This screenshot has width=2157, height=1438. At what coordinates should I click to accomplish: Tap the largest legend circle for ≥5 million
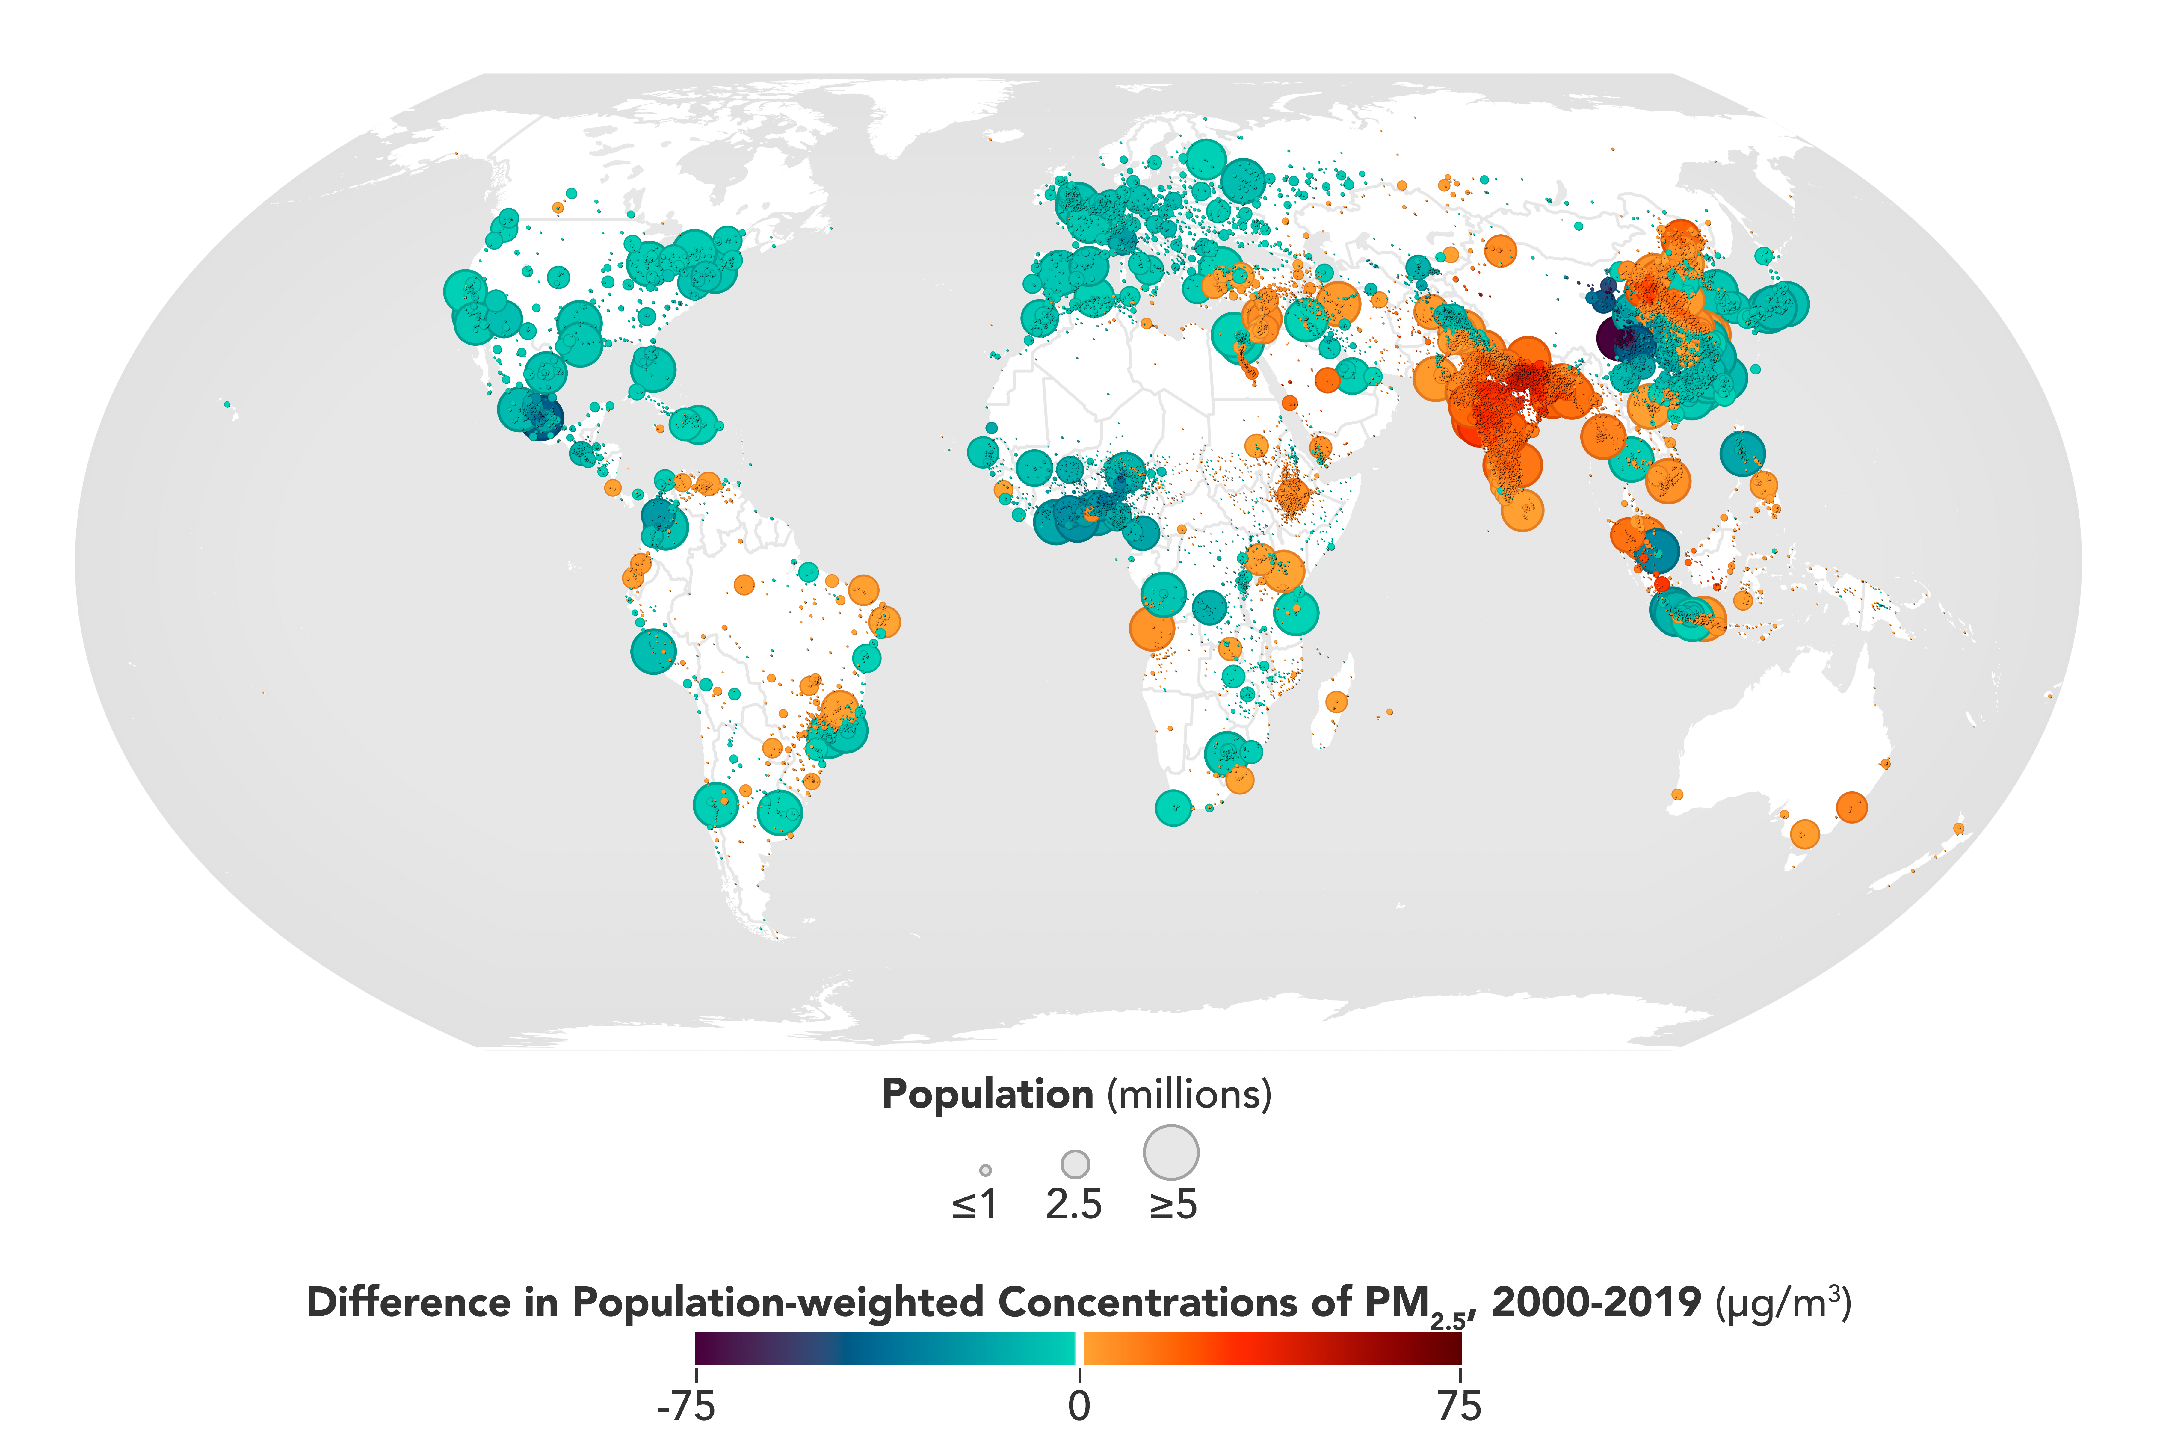point(1171,1152)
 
